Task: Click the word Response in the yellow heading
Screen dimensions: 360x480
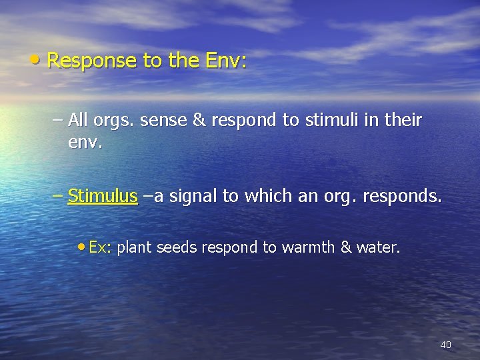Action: [93, 61]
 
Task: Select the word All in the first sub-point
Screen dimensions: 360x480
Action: [78, 120]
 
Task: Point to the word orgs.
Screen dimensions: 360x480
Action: [113, 121]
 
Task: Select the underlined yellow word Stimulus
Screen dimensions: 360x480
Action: [103, 196]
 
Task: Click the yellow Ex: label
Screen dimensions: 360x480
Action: [100, 247]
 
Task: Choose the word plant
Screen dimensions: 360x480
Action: [135, 248]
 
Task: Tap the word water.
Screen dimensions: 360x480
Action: [379, 247]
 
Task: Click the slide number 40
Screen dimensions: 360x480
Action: [445, 345]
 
